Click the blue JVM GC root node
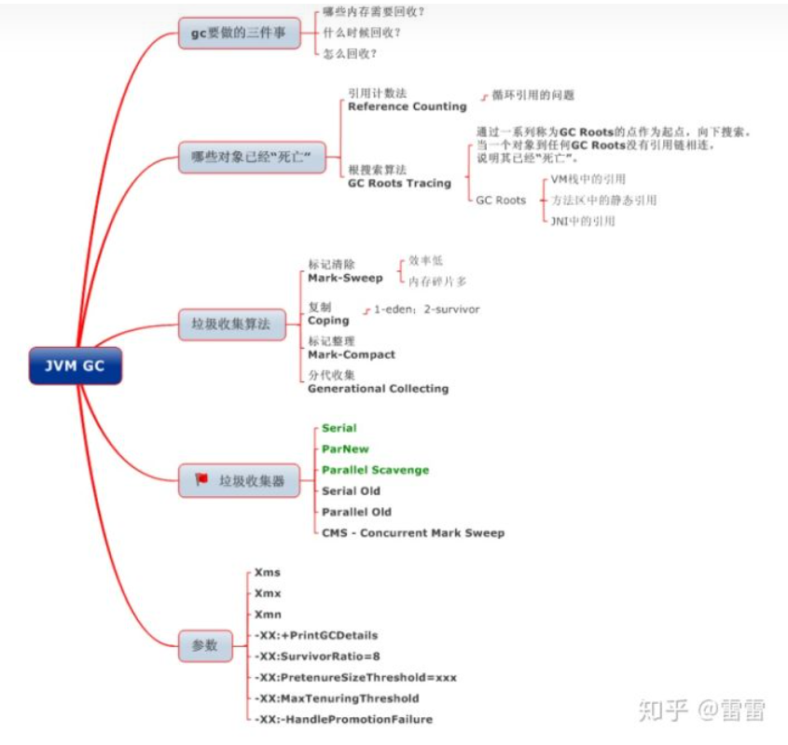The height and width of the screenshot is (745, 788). (75, 366)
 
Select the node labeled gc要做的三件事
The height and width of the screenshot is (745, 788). (239, 34)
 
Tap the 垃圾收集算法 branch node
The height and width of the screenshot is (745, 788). (231, 325)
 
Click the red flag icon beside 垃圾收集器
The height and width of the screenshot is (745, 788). (200, 479)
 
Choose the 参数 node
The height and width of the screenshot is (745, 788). (205, 644)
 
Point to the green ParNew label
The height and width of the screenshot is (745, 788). (345, 449)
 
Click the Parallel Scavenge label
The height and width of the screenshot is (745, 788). (375, 470)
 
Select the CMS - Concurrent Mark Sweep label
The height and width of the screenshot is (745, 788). (412, 533)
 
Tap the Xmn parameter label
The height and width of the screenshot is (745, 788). (268, 614)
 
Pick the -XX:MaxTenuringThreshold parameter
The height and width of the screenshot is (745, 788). (336, 698)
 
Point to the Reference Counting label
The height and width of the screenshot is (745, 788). (407, 106)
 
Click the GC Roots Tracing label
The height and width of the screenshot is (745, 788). (399, 183)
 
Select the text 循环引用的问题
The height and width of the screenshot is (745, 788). (533, 95)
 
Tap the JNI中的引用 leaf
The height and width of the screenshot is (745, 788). (583, 222)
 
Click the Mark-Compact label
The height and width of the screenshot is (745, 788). (352, 354)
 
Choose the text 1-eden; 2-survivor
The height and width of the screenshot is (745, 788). (426, 309)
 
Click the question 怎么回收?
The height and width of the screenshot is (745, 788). (350, 53)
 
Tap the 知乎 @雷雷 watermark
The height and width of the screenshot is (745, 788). (701, 711)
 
